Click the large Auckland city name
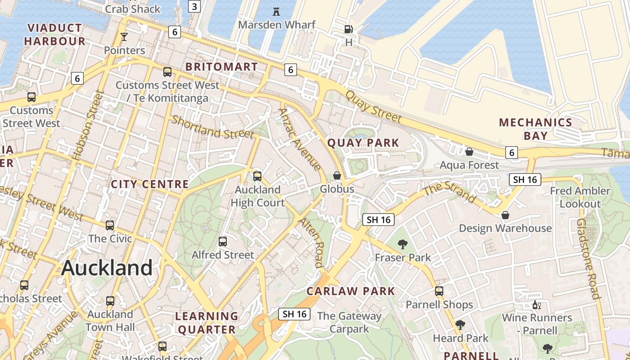[107, 268]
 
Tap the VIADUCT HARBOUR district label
[54, 35]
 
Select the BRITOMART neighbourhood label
[222, 67]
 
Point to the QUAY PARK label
[363, 143]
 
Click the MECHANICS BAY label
[535, 129]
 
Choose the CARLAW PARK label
[351, 291]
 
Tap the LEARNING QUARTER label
[207, 323]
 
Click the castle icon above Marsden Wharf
[277, 12]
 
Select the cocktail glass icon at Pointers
[124, 37]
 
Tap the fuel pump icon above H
[348, 29]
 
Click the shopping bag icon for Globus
[337, 175]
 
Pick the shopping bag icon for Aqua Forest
[469, 152]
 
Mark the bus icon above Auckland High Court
[257, 176]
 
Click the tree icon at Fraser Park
[403, 244]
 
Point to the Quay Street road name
[373, 107]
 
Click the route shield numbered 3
[194, 6]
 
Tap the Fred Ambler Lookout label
[580, 197]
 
